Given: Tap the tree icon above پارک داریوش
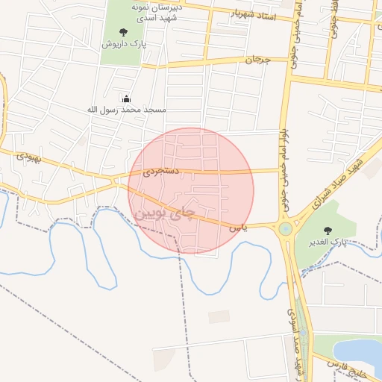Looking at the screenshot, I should pos(123,31).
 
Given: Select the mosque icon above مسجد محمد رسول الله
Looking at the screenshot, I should pos(126,98).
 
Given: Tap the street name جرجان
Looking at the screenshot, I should pos(255,60).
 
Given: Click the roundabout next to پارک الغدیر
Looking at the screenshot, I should pos(285,229).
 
